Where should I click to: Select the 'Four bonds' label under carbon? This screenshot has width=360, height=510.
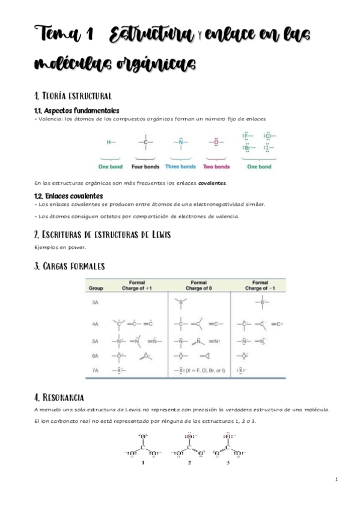[145, 166]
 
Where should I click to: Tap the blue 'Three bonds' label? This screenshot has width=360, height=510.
[180, 166]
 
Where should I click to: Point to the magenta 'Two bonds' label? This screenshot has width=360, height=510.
[216, 166]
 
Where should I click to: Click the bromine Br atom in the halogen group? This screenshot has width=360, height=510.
[246, 148]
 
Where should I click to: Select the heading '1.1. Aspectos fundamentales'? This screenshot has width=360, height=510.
[77, 110]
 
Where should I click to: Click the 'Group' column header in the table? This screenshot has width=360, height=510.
[96, 288]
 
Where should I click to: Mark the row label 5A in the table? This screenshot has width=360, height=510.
[95, 341]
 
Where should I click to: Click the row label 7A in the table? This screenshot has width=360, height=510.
[95, 370]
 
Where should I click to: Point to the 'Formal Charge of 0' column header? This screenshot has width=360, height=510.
[198, 285]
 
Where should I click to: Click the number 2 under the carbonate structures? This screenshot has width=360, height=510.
[189, 462]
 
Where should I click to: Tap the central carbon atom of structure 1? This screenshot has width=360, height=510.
[142, 446]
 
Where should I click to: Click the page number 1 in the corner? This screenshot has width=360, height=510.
[337, 479]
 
